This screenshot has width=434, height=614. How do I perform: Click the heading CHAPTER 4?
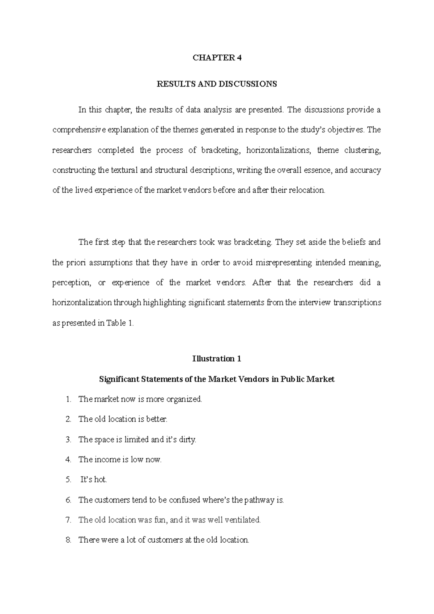pyautogui.click(x=217, y=58)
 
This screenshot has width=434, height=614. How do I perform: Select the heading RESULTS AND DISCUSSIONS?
pyautogui.click(x=217, y=84)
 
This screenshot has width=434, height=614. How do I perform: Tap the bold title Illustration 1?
pyautogui.click(x=217, y=359)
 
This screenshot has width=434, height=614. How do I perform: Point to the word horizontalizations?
pyautogui.click(x=278, y=150)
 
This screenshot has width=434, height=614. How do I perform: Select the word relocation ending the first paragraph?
pyautogui.click(x=306, y=190)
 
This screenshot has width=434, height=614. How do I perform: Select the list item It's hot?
pyautogui.click(x=94, y=480)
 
